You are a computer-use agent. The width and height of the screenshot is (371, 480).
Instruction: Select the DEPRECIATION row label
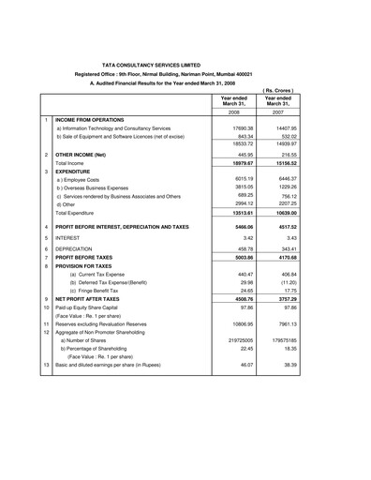(x=78, y=248)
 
